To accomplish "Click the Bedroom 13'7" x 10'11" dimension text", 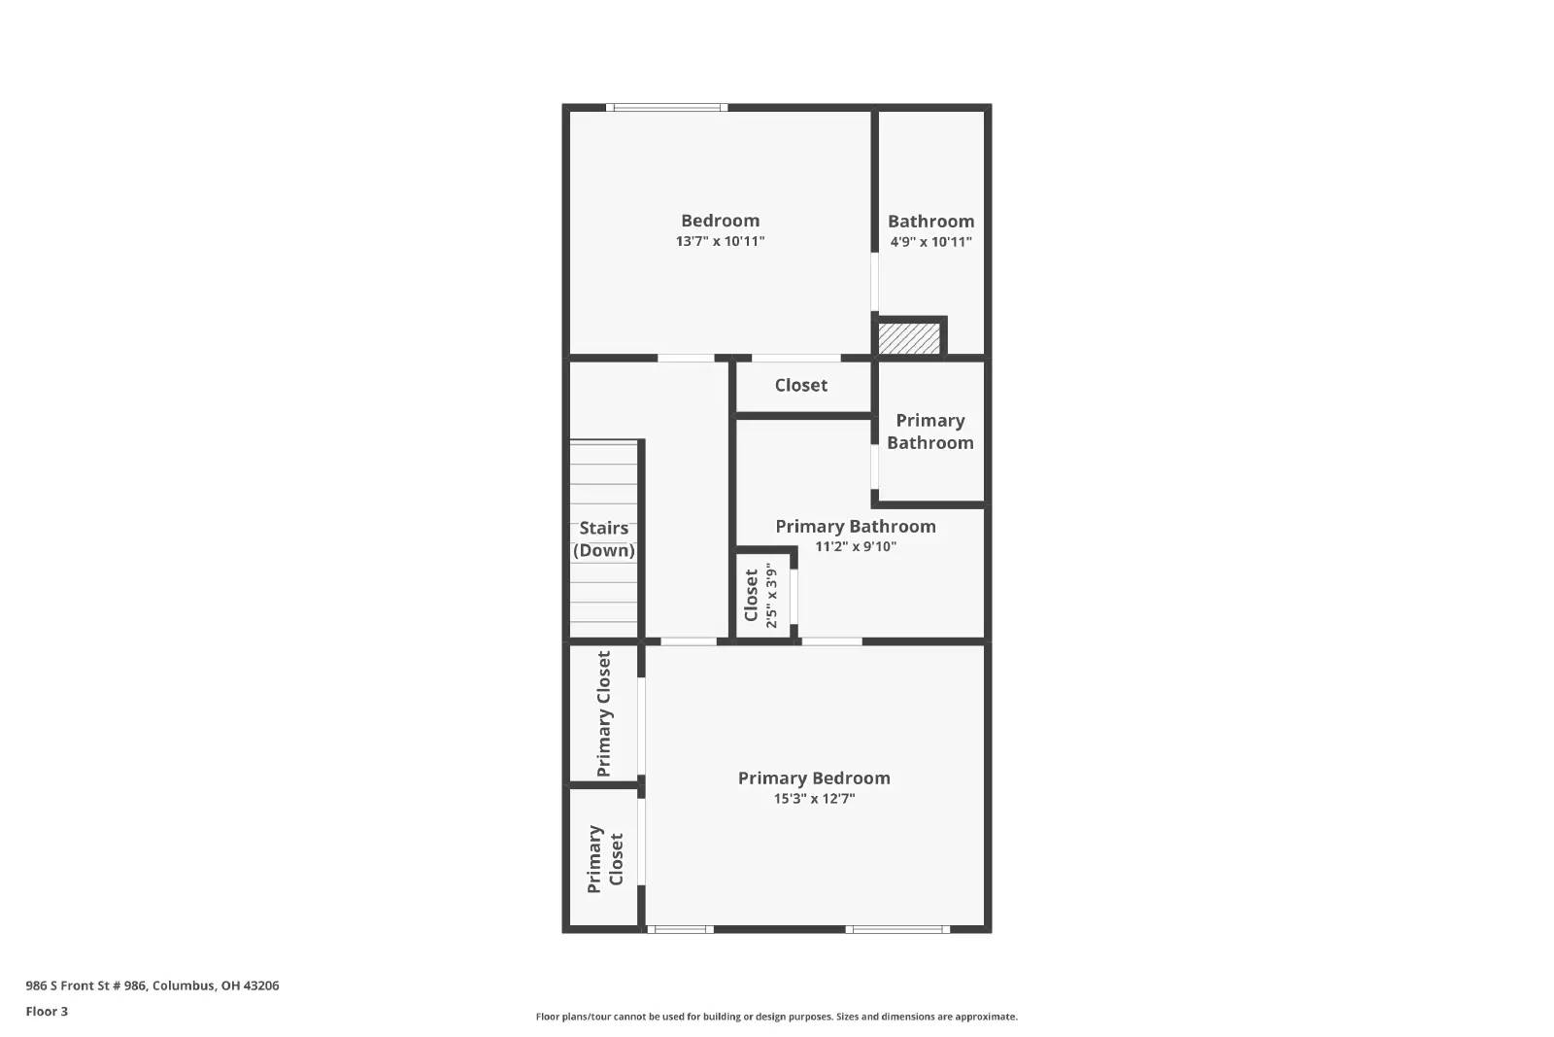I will point(720,241).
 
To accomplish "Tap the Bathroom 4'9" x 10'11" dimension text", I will point(930,242).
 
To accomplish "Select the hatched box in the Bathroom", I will point(909,338).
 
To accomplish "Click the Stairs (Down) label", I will point(603,539).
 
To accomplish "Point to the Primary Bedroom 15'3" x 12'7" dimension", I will point(814,799).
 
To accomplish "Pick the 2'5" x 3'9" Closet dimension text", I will point(771,595).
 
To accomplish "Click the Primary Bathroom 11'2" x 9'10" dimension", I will point(855,546).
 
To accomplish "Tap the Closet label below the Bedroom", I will point(801,386).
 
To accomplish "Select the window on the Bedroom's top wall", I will point(667,107).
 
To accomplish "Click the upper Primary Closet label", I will point(604,713).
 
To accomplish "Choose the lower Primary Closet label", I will point(604,859).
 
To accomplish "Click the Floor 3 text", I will point(47,1012).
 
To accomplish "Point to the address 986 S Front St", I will point(152,985).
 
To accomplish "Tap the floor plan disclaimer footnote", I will point(776,1017).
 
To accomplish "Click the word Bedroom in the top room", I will point(720,221).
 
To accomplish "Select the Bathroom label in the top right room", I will point(930,222).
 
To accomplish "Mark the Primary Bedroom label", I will point(814,778).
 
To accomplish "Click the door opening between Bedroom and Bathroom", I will point(874,282).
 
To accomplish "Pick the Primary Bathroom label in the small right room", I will point(929,432).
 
